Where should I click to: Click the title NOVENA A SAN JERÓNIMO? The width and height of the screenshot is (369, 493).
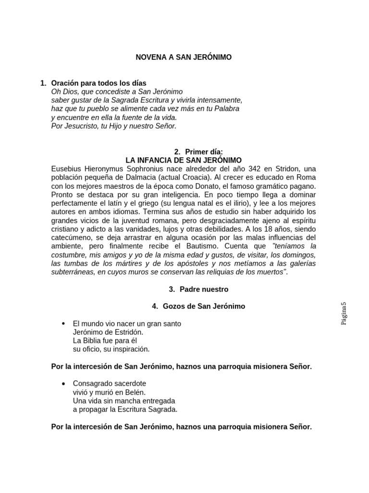coord(184,57)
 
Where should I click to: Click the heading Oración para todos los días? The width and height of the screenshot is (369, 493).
coord(98,83)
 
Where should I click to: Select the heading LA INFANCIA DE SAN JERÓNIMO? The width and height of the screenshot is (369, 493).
coord(184,160)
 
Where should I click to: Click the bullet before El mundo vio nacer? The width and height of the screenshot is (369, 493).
coord(64,324)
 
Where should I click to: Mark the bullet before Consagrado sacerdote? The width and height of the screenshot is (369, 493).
coord(64,384)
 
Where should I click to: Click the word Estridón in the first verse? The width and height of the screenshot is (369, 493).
coord(128,332)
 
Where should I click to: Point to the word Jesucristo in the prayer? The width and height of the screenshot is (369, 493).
coord(78,126)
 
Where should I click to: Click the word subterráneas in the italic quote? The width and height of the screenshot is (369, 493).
coord(72,272)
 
